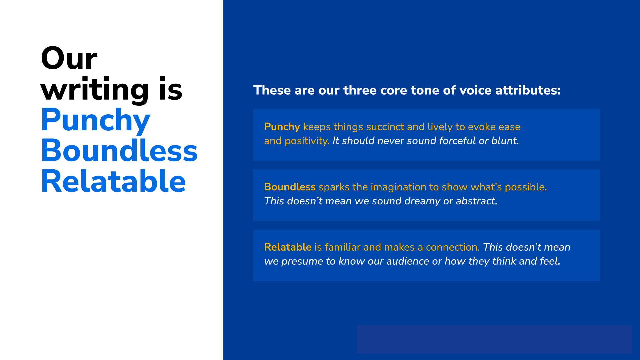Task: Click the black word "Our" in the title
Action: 69,58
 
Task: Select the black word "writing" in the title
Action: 94,89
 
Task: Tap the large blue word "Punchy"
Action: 95,121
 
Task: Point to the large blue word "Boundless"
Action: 119,151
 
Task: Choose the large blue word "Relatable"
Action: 113,181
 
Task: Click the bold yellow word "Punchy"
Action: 282,127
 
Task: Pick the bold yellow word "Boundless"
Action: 289,187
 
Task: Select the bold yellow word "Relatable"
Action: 287,247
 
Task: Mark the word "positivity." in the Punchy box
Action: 307,141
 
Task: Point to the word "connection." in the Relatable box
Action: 453,247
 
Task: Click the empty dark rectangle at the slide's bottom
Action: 494,339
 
